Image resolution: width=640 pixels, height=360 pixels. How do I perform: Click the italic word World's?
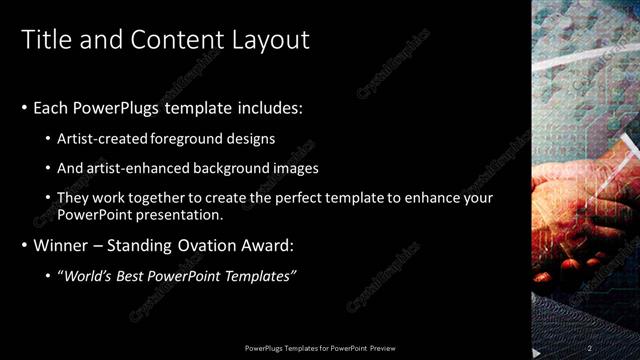[89, 275]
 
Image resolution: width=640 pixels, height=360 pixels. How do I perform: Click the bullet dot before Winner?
[25, 246]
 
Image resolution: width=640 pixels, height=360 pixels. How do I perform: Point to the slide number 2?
[590, 347]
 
